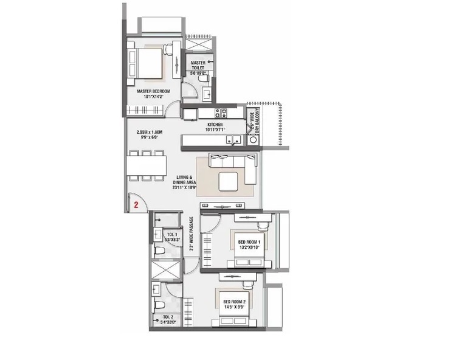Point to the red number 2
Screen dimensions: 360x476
pos(137,206)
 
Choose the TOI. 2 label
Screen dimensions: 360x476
pos(168,317)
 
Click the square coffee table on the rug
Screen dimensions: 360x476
pos(229,181)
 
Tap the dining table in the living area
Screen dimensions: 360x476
pos(147,164)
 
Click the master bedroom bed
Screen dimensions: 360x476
pos(147,63)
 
